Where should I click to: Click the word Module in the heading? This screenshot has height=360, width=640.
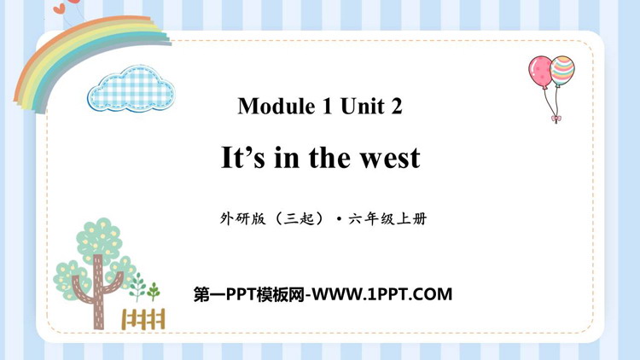276,106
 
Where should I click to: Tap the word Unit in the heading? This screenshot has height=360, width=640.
363,106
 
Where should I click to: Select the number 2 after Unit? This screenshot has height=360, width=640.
396,106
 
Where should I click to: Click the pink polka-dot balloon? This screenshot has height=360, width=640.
539,72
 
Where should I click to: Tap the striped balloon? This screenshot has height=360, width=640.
562,70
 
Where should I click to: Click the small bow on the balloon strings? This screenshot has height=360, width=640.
556,119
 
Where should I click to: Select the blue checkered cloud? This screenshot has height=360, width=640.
131,89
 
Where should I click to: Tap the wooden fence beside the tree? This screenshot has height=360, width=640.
143,319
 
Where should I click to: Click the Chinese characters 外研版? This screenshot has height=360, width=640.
242,219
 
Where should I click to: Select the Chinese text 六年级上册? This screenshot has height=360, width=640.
387,219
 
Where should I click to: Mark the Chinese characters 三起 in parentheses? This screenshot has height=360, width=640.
300,219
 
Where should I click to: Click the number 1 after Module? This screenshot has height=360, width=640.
328,106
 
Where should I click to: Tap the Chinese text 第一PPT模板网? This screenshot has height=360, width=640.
248,294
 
